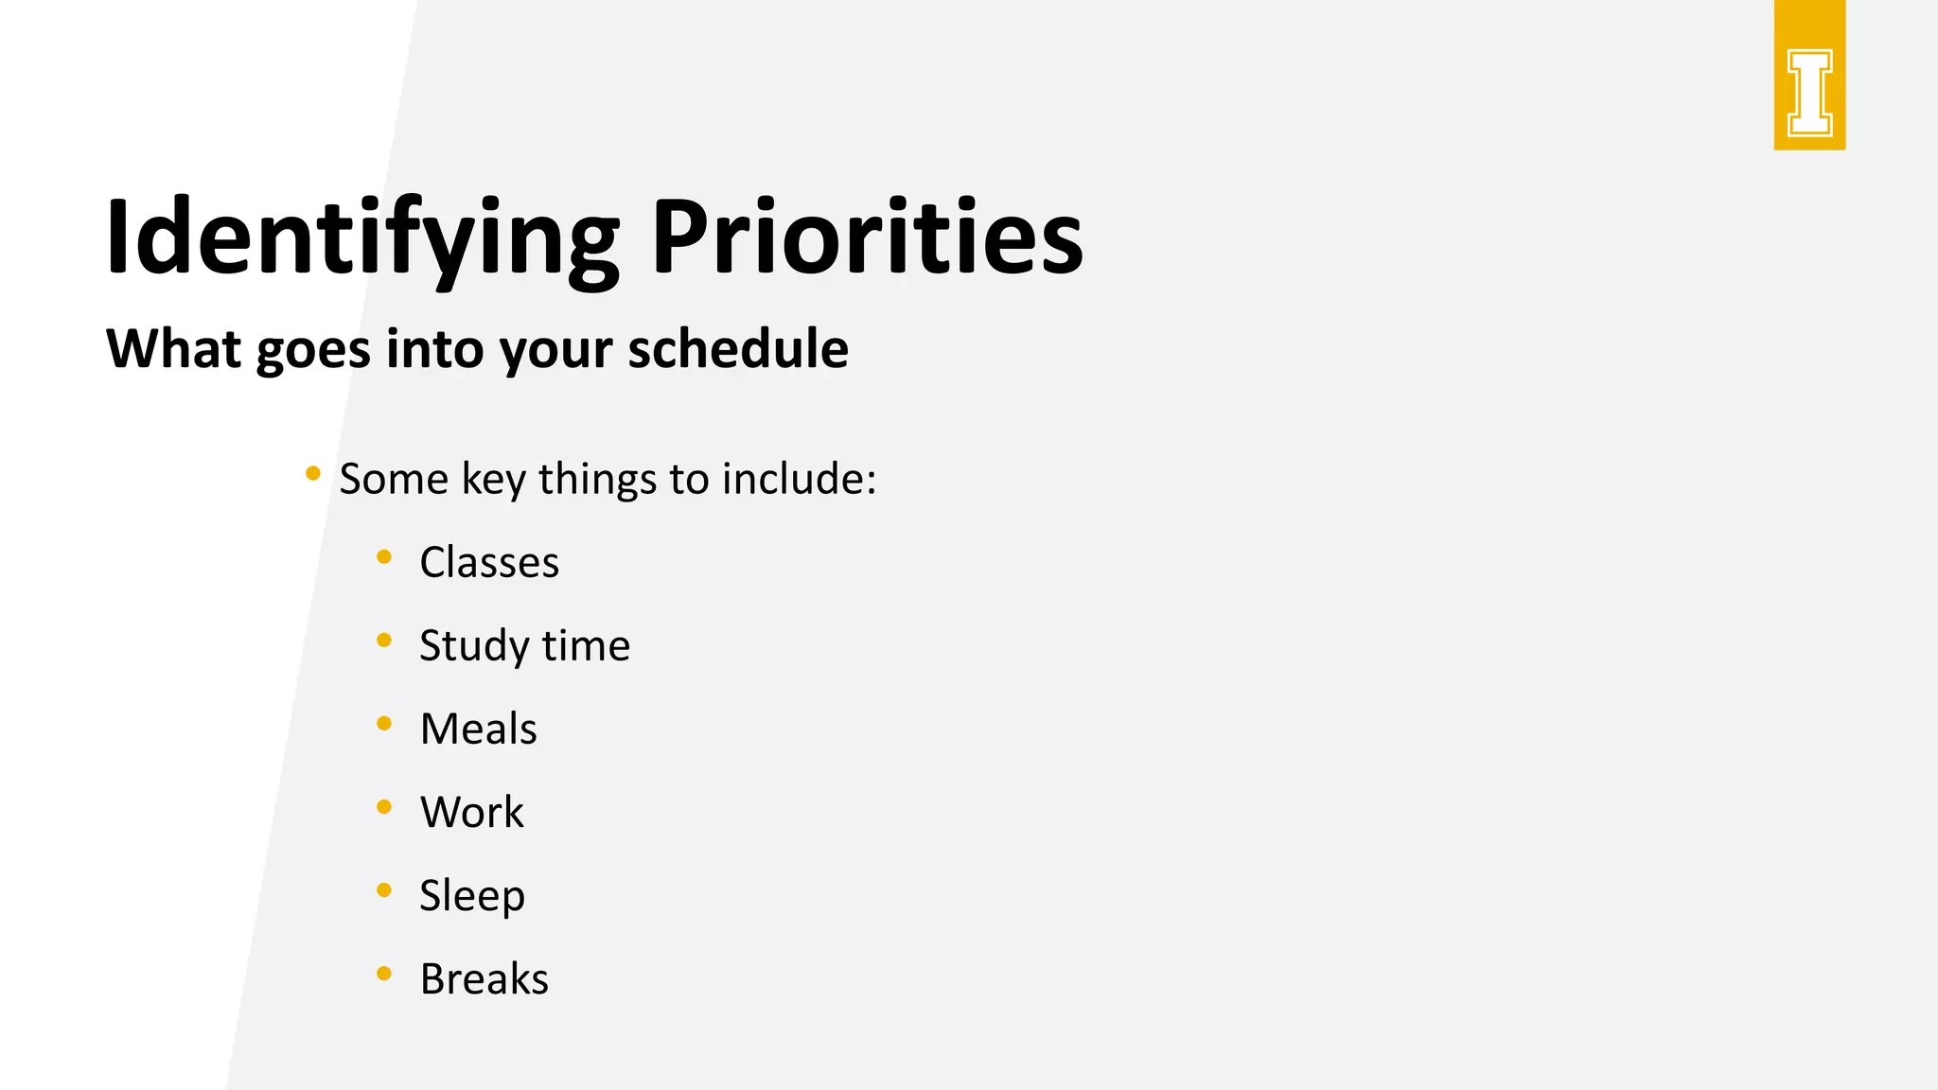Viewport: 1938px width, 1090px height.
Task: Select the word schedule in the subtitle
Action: click(x=738, y=348)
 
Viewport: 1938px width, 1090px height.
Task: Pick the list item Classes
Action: click(x=489, y=562)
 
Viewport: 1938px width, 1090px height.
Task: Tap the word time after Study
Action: click(x=586, y=645)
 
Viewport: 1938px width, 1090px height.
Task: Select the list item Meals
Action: click(x=478, y=729)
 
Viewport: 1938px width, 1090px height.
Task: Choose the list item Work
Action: click(x=471, y=812)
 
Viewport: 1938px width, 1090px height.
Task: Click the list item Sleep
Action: click(x=471, y=895)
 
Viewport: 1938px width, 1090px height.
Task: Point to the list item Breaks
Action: click(x=484, y=978)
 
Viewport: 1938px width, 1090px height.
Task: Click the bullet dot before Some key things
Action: click(x=313, y=473)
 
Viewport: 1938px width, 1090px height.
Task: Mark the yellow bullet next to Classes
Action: click(x=384, y=557)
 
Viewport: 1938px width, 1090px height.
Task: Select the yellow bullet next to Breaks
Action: click(x=384, y=974)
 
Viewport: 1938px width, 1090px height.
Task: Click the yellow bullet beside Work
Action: click(x=384, y=807)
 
